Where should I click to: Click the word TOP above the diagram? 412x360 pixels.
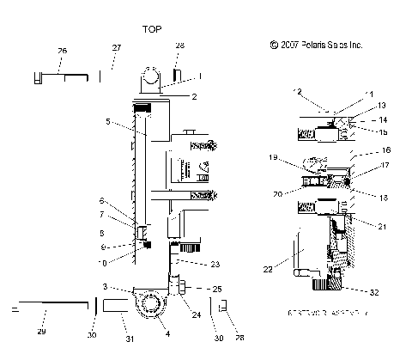pos(153,28)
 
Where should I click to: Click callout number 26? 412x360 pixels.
pos(61,52)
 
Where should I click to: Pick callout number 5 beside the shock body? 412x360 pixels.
pos(108,123)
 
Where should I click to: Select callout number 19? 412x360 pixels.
pos(274,159)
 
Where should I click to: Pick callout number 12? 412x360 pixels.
pos(298,92)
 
